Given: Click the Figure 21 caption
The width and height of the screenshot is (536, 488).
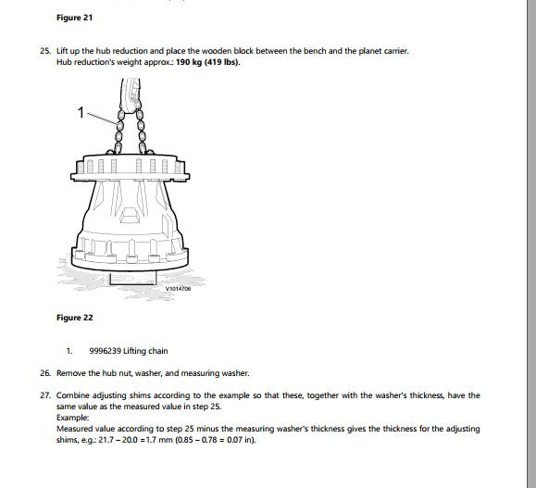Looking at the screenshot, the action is point(74,18).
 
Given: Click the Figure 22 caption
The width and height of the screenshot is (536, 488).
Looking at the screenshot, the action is point(74,318).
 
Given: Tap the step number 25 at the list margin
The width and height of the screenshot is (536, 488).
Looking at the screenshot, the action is point(45,51).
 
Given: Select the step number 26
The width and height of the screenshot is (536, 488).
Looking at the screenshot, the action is point(45,373).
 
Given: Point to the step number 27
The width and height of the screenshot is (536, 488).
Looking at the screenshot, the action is point(45,395).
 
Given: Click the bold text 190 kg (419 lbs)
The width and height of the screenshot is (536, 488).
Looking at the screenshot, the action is point(208,62).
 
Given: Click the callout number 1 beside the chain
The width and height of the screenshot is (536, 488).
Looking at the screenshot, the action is point(81,112).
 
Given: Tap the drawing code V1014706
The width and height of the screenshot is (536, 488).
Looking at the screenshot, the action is point(178,289).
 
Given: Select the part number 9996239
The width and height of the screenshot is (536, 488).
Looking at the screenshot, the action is point(105,351).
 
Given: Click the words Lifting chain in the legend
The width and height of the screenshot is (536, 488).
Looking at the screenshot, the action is point(145,351).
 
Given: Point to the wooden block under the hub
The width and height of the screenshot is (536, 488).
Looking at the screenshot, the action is point(132,278).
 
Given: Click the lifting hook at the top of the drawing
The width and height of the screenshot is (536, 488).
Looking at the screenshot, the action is point(131,95).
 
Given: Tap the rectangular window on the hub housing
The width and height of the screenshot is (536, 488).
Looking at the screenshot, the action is point(129,216).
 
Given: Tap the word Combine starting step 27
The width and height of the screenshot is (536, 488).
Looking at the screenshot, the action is point(72,395).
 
